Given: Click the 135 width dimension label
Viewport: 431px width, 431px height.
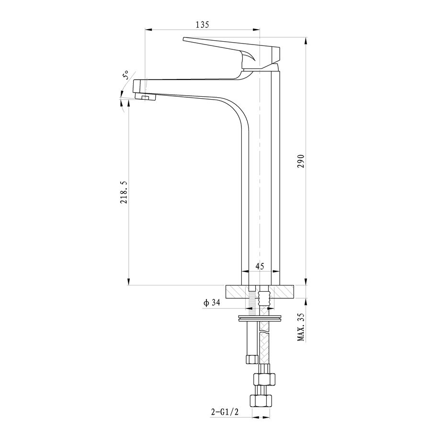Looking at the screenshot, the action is (202, 25).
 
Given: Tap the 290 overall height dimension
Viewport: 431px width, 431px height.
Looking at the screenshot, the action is (302, 161).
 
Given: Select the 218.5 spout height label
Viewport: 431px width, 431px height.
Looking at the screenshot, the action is (124, 192).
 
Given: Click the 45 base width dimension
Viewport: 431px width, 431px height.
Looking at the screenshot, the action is (260, 266).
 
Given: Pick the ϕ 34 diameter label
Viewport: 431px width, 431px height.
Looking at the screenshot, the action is (212, 303).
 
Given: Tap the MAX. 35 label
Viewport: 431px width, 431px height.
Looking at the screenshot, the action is (302, 327).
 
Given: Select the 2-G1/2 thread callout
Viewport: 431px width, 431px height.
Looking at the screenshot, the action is (225, 412).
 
